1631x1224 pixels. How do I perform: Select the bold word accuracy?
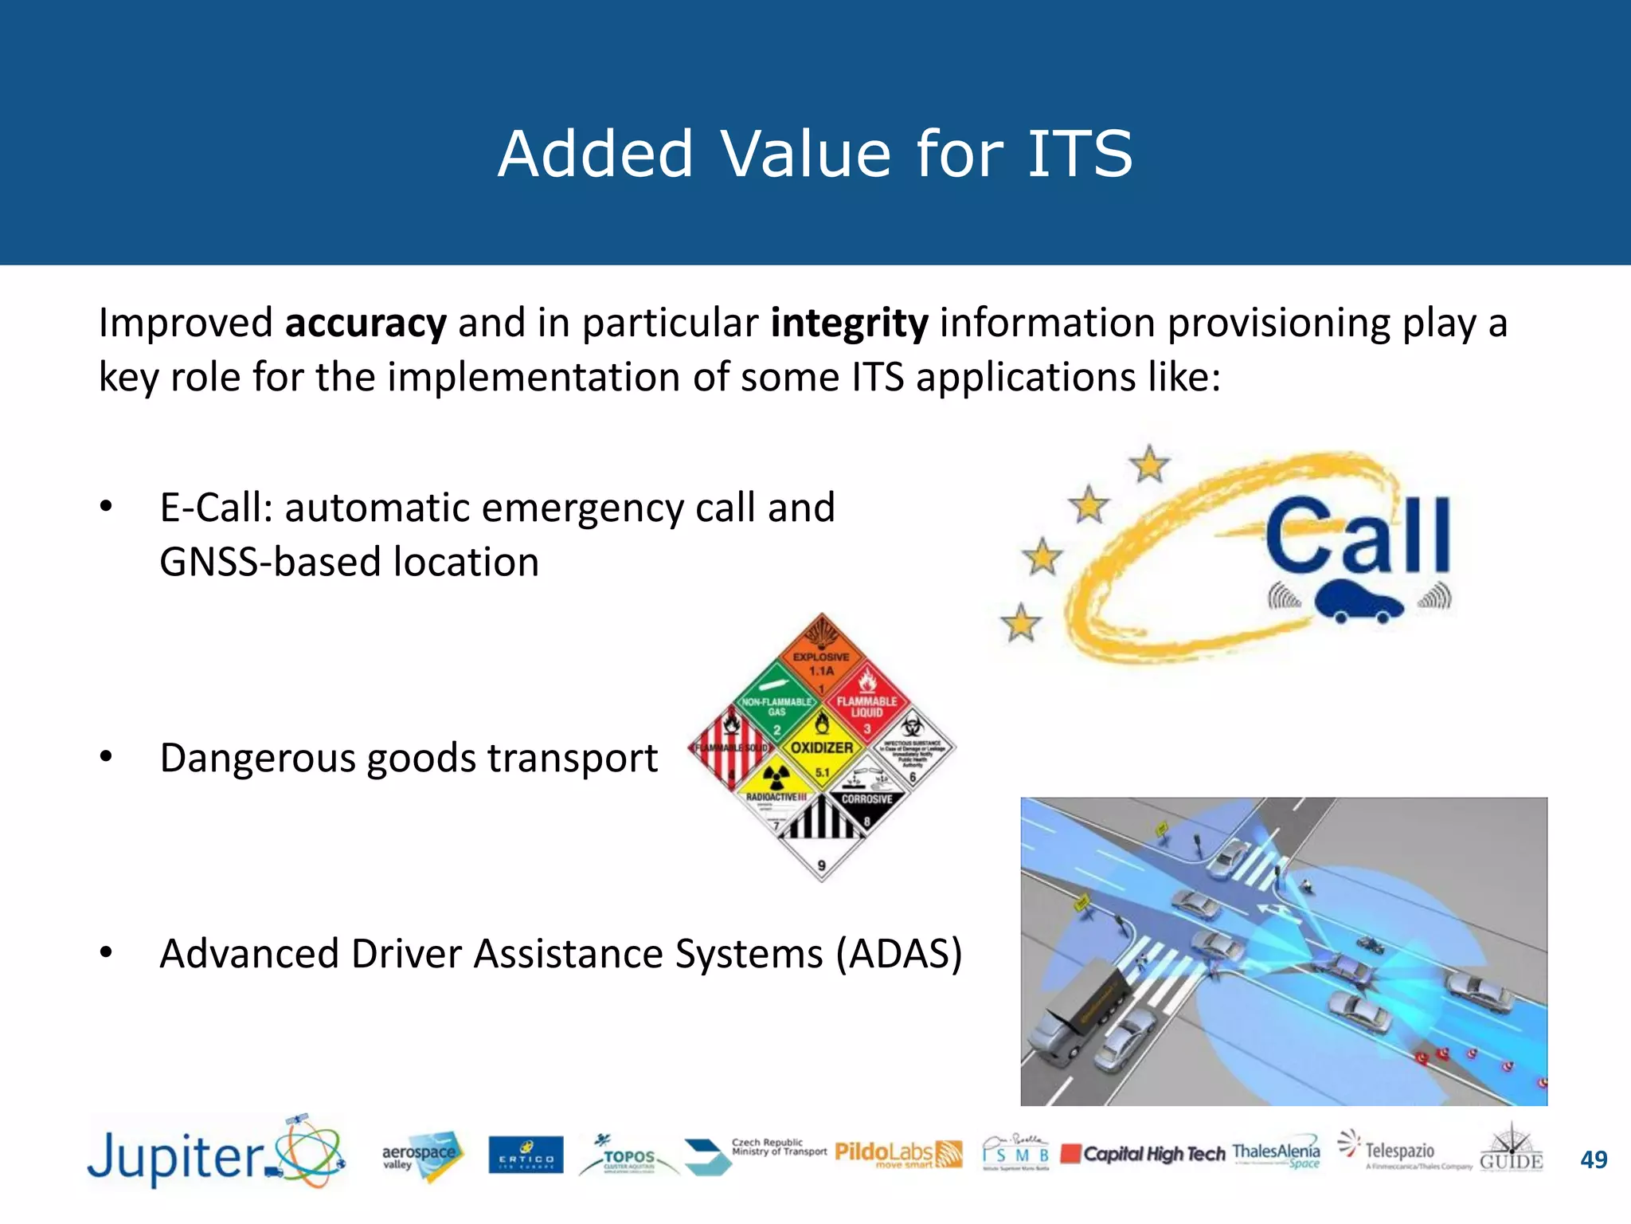click(x=366, y=324)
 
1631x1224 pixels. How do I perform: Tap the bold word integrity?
click(x=849, y=324)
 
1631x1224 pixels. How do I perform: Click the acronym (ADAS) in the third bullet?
click(x=899, y=954)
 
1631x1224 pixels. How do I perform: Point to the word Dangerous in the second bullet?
click(x=256, y=758)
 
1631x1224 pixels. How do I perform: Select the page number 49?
click(x=1594, y=1159)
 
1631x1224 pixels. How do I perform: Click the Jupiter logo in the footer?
click(x=215, y=1155)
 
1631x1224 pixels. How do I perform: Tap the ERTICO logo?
click(x=526, y=1155)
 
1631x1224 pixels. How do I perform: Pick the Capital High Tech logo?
click(x=1144, y=1154)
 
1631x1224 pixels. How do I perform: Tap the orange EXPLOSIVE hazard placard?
click(x=822, y=655)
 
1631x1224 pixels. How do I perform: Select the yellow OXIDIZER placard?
click(x=822, y=745)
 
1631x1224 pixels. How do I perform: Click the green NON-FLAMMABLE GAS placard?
click(x=776, y=701)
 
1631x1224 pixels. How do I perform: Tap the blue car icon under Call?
click(x=1359, y=602)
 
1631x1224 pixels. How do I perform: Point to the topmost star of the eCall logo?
click(x=1149, y=464)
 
